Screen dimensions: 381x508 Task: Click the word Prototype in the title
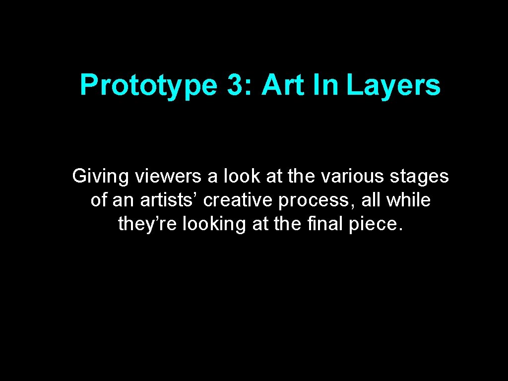[148, 85]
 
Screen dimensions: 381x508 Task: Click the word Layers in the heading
[393, 85]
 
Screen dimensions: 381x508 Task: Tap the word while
[408, 200]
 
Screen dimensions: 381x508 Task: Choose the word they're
[148, 224]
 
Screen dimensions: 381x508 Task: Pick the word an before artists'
[123, 200]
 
